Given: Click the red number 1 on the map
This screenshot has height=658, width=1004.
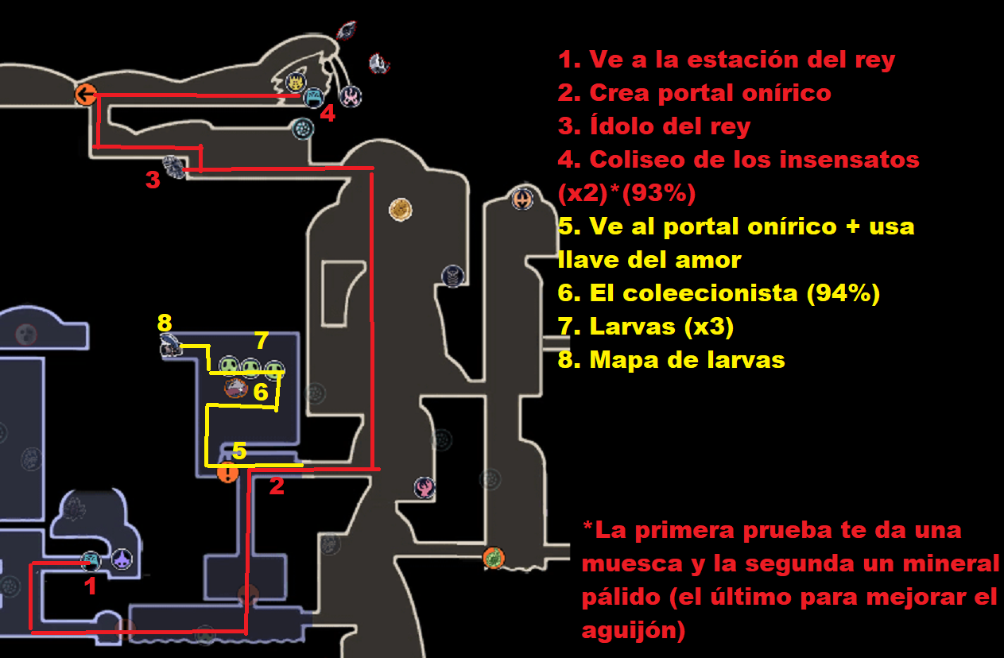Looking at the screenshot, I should point(91,586).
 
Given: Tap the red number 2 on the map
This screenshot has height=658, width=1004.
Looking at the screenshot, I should point(276,486).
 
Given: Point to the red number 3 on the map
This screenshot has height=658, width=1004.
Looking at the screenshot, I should point(153,180).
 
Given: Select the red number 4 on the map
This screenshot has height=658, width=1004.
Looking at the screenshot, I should point(328,114).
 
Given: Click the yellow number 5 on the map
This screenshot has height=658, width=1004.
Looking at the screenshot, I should point(238,451).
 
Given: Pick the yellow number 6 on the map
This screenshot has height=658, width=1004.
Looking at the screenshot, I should point(261,391).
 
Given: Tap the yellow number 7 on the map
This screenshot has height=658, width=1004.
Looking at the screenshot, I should point(262,340).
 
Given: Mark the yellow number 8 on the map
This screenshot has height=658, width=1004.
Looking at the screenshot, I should point(165,323).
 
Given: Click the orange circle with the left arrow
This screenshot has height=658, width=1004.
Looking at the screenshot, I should point(85,95).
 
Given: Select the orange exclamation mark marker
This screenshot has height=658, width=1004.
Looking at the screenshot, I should point(227,473).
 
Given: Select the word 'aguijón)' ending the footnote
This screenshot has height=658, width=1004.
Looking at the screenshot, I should point(634,631).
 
